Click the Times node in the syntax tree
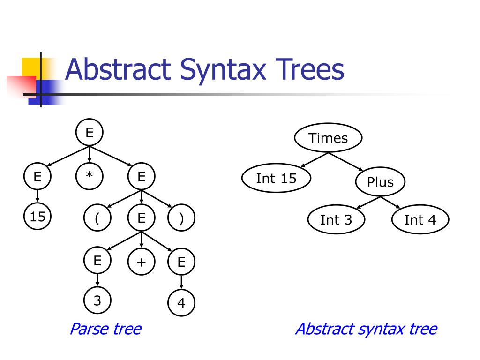(x=328, y=138)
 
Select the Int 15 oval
(x=276, y=179)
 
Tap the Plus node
(x=380, y=182)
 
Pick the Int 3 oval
(x=336, y=220)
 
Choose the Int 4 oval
(x=420, y=220)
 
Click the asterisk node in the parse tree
(x=89, y=176)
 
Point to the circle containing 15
(x=37, y=217)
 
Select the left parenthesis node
(x=97, y=219)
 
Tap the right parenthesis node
(x=181, y=219)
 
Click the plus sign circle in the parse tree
(x=141, y=262)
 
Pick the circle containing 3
(x=97, y=300)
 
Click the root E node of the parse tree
(x=89, y=133)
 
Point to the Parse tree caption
(x=105, y=329)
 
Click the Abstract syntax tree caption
(x=366, y=329)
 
